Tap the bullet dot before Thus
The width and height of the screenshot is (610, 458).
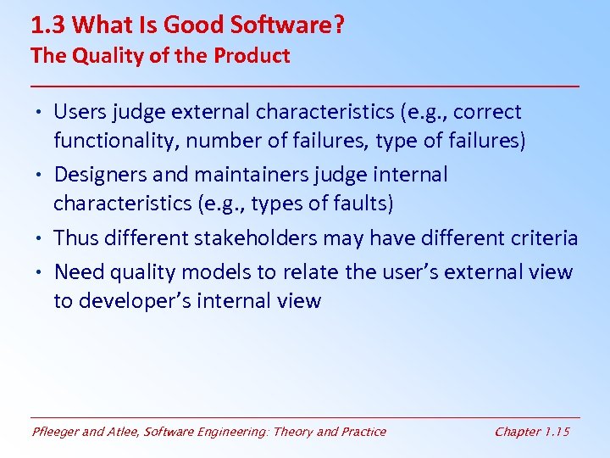tap(40, 238)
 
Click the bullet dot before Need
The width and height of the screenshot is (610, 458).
tap(40, 272)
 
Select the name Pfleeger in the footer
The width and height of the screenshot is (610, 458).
tap(56, 432)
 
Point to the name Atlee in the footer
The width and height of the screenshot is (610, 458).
tap(125, 432)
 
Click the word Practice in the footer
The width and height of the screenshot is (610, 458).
tap(363, 432)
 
